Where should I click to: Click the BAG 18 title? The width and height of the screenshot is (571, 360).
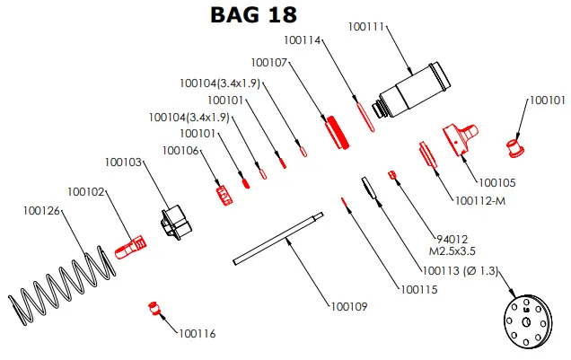click(x=252, y=15)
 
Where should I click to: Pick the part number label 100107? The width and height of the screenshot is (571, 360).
click(x=269, y=63)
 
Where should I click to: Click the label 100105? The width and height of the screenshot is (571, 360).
click(x=496, y=182)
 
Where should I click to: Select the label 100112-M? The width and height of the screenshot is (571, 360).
click(x=480, y=200)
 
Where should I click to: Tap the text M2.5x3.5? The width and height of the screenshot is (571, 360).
click(x=456, y=252)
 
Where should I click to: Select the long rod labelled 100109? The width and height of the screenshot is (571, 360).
click(x=277, y=238)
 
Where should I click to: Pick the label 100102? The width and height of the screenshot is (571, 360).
click(x=87, y=191)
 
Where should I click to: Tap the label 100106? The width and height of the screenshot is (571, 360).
click(x=180, y=151)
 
